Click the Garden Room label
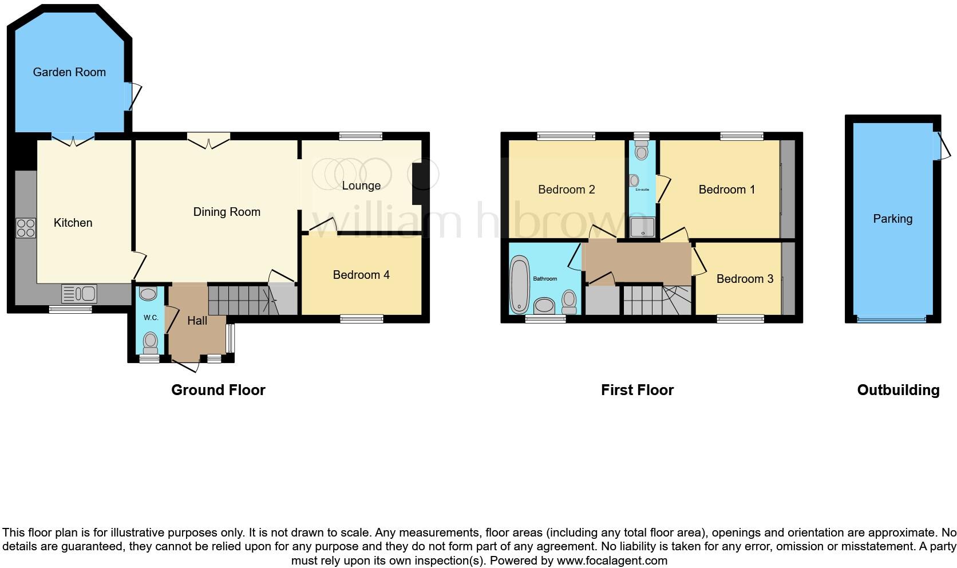click(69, 72)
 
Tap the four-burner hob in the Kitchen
click(26, 228)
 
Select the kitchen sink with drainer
click(80, 294)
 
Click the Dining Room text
click(227, 212)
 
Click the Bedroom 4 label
click(361, 275)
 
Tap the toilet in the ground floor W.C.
click(150, 342)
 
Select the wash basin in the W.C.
click(148, 294)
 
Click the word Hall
click(197, 321)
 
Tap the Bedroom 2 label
click(566, 190)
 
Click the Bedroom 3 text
click(745, 279)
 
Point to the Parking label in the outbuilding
click(892, 219)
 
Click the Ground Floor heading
click(218, 390)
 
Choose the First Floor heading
click(637, 390)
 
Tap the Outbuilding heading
click(897, 390)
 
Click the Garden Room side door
click(133, 97)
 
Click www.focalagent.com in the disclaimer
click(612, 561)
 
